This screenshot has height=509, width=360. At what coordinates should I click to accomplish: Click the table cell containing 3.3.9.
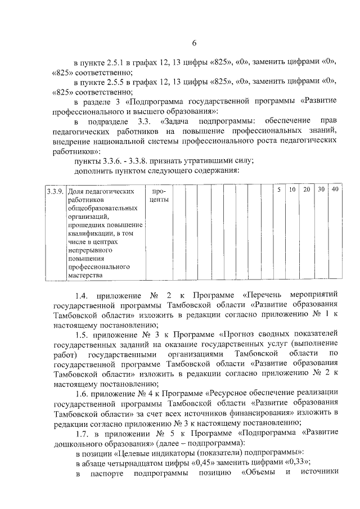[x=55, y=191]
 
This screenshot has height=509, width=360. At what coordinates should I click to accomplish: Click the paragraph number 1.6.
[x=83, y=391]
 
